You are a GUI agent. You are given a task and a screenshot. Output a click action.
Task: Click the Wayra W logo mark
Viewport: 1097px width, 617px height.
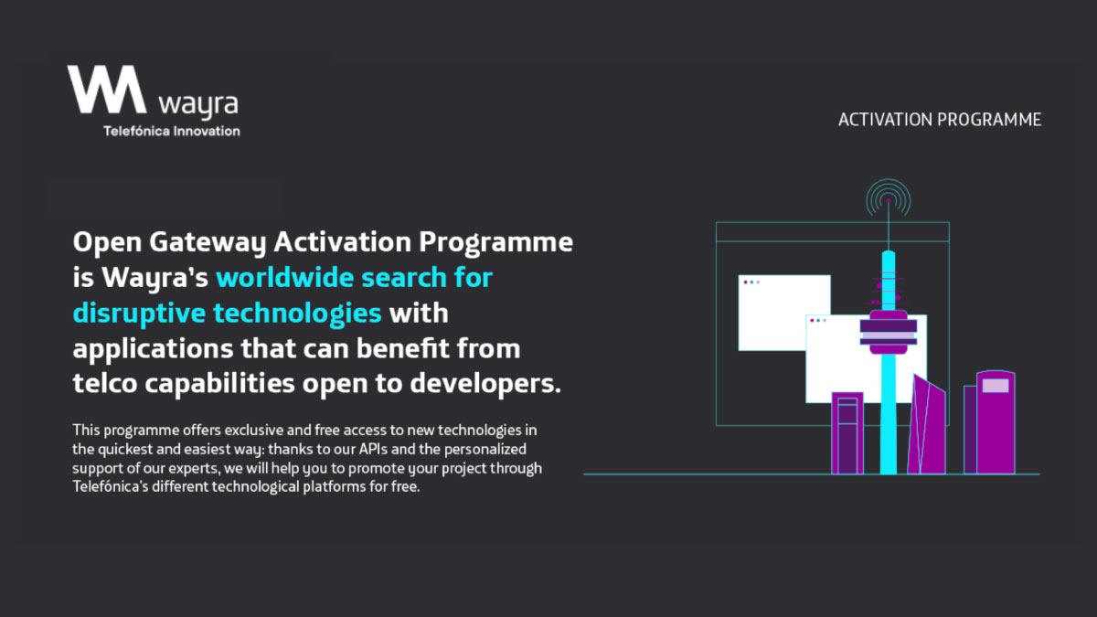[x=106, y=89]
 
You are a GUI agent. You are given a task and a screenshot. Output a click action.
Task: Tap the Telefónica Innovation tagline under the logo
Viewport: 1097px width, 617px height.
[x=172, y=131]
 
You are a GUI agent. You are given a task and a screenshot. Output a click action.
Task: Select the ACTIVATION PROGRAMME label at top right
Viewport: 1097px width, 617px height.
[x=940, y=120]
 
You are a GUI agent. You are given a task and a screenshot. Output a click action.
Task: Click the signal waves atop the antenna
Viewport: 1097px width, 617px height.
[x=889, y=197]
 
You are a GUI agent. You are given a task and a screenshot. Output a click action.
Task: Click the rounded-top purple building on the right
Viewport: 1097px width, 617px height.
[x=996, y=425]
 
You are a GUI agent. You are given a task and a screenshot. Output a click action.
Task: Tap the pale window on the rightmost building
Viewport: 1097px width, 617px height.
[x=996, y=386]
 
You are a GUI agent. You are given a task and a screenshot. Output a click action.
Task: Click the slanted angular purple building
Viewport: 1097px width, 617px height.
[x=926, y=428]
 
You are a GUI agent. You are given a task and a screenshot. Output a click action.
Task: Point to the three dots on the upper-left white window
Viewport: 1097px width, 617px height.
[x=751, y=282]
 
